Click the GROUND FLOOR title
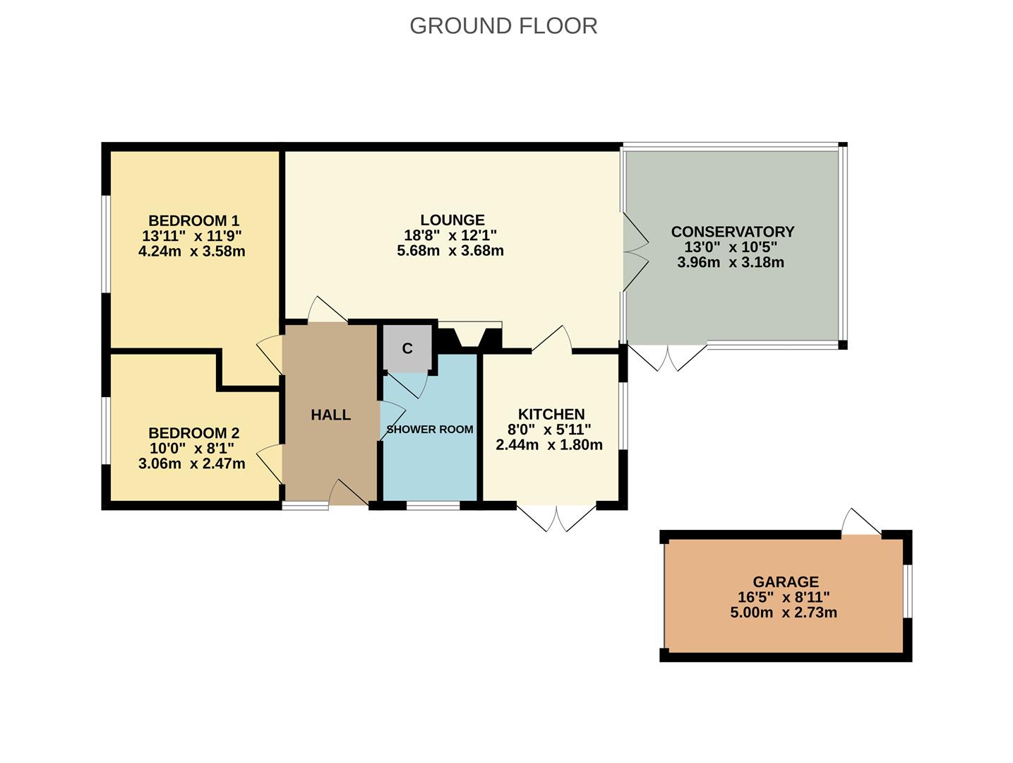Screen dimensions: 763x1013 click(x=503, y=26)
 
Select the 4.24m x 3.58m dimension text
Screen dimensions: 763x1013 click(x=192, y=252)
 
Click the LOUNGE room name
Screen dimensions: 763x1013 click(x=452, y=220)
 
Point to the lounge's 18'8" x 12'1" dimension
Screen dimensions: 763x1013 click(x=450, y=236)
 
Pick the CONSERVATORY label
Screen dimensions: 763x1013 click(x=732, y=232)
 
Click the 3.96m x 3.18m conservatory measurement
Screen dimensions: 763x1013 click(x=730, y=263)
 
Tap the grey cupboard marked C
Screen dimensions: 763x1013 click(x=407, y=348)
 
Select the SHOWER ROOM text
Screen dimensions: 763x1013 click(x=430, y=430)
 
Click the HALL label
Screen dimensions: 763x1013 click(x=330, y=415)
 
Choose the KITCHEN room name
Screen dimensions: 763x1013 click(x=551, y=415)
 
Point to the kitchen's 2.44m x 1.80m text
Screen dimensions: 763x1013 click(x=549, y=445)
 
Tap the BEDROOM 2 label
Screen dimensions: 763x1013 click(x=193, y=433)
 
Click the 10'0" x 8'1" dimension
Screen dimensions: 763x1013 click(x=191, y=449)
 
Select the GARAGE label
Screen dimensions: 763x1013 click(x=786, y=582)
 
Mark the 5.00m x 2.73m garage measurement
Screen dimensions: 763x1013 click(x=784, y=613)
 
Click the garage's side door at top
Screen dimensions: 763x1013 click(x=862, y=524)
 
